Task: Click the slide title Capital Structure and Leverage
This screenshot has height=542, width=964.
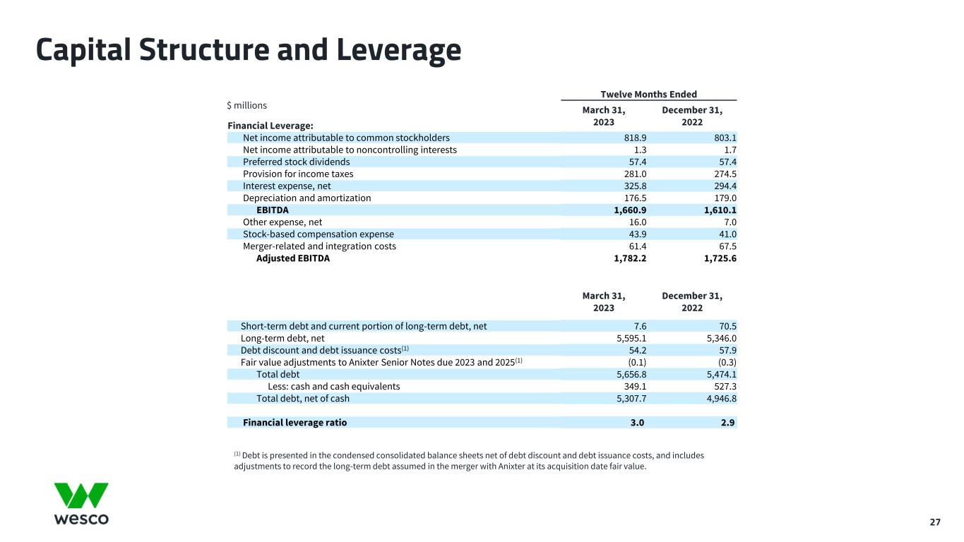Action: click(x=249, y=50)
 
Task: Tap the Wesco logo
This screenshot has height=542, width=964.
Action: click(x=81, y=504)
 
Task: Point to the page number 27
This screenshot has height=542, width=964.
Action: click(x=934, y=522)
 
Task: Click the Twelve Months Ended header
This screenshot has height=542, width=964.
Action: click(x=648, y=95)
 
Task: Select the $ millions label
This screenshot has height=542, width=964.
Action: click(x=246, y=105)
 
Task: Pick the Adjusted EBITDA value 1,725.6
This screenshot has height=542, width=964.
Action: click(x=715, y=258)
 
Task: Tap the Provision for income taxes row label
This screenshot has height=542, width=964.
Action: click(x=298, y=174)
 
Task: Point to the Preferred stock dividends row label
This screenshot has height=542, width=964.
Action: click(x=296, y=162)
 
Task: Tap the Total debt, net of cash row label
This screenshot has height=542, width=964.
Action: click(x=302, y=398)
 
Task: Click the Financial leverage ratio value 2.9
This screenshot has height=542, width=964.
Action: click(x=729, y=423)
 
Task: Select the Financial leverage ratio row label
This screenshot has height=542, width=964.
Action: click(x=294, y=423)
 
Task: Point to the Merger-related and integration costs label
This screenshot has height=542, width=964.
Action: click(x=319, y=246)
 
